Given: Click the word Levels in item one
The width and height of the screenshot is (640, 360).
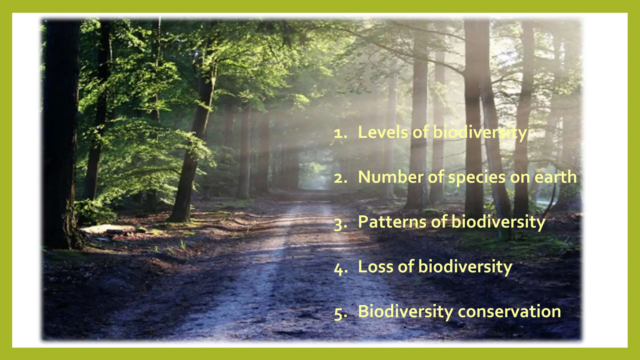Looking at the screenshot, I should coord(383,132).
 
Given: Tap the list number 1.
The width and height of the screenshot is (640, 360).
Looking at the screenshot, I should coord(340,134).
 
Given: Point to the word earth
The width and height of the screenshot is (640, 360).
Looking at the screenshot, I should coord(555,177).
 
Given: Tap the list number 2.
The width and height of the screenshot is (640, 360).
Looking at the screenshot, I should coord(340,178).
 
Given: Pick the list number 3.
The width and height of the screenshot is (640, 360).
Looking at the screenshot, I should coord(340,224).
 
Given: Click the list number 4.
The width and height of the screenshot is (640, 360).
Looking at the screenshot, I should coord(340,268).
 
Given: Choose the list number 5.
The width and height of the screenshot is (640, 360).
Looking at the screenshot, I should coord(340,313).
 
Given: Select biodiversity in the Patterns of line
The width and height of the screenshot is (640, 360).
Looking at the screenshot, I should coord(498,222).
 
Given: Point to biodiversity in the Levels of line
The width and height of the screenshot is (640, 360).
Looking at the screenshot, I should coord(480,132).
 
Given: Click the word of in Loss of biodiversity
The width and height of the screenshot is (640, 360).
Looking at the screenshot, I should coord(406,267).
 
